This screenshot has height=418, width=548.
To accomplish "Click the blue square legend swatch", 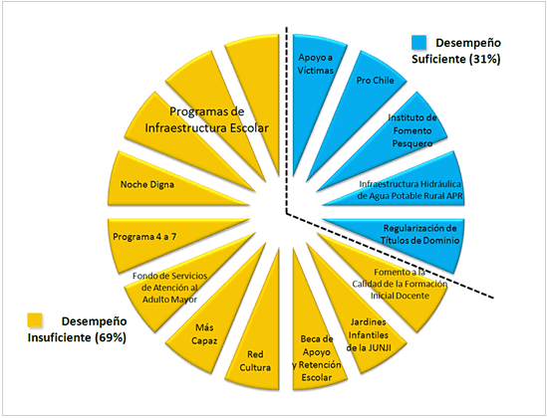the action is pyautogui.click(x=419, y=42).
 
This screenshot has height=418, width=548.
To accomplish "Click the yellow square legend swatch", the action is pyautogui.click(x=35, y=319).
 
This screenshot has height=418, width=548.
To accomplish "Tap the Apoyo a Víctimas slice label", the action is pyautogui.click(x=315, y=64).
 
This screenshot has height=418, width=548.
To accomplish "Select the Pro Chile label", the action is pyautogui.click(x=375, y=81).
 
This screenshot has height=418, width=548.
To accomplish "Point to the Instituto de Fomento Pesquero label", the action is pyautogui.click(x=412, y=130).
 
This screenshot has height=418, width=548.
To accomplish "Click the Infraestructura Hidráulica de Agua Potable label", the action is pyautogui.click(x=410, y=190).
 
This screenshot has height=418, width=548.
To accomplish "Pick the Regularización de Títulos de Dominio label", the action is pyautogui.click(x=419, y=234).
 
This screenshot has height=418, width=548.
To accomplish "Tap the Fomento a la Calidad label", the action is pyautogui.click(x=400, y=284).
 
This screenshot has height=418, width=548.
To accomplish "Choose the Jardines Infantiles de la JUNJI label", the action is pyautogui.click(x=368, y=334).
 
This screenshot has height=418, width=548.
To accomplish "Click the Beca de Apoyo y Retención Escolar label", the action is pyautogui.click(x=317, y=358).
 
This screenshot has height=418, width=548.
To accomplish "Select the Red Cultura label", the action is pyautogui.click(x=255, y=361).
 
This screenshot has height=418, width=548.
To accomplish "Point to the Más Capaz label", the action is pyautogui.click(x=204, y=334).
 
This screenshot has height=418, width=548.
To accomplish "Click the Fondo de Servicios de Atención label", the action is pyautogui.click(x=169, y=288).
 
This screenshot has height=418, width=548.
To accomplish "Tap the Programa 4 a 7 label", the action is pyautogui.click(x=144, y=237).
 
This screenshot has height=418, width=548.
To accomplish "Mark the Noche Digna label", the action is pyautogui.click(x=147, y=184).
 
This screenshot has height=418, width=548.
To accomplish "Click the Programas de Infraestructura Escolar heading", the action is pyautogui.click(x=206, y=119).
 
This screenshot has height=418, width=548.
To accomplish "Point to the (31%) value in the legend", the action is pyautogui.click(x=485, y=59).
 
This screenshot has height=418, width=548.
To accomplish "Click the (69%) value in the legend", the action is pyautogui.click(x=110, y=337).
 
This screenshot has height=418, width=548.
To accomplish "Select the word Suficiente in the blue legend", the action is pyautogui.click(x=439, y=59).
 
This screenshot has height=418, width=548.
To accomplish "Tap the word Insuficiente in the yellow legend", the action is pyautogui.click(x=60, y=337).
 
